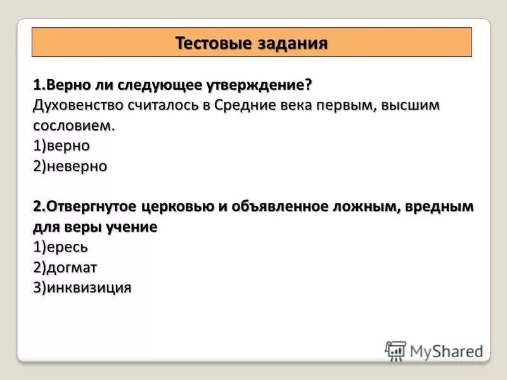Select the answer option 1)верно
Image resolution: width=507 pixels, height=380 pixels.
61,146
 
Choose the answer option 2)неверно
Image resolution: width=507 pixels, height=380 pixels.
70,166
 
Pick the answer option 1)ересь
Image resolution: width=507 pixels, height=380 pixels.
60,247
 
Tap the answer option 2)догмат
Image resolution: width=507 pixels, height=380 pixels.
65,267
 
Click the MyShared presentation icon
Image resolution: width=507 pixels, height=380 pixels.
395,351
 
